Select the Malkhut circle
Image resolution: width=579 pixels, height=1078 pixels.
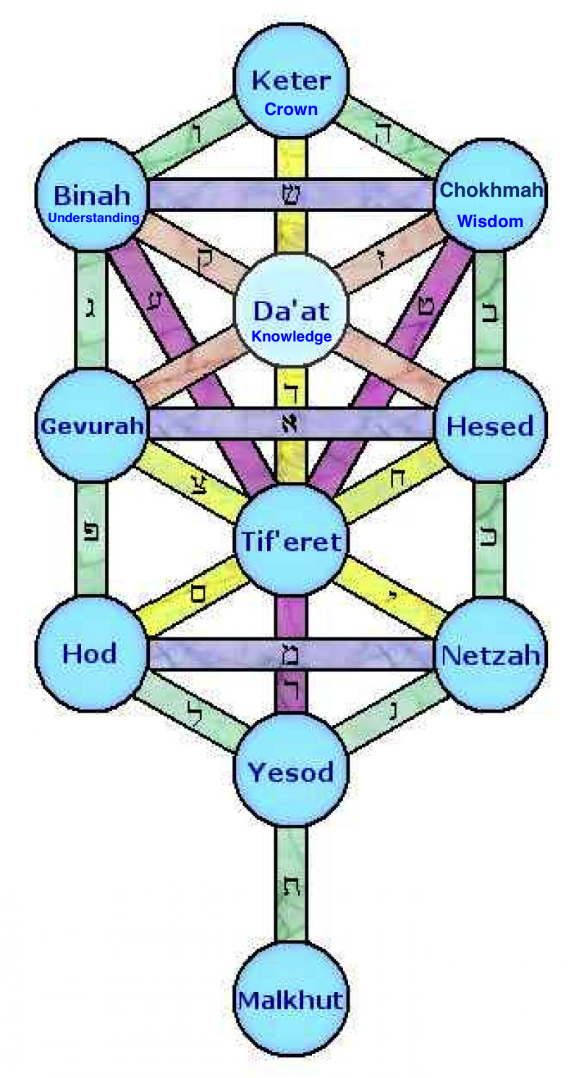[291, 1000]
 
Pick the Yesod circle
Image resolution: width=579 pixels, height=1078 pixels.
[291, 771]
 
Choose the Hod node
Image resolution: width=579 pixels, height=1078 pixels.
[90, 654]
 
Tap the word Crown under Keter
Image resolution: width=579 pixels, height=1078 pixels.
[291, 109]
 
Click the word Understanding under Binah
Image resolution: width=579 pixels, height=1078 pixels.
[93, 217]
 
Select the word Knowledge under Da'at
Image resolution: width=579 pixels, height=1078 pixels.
[291, 336]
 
